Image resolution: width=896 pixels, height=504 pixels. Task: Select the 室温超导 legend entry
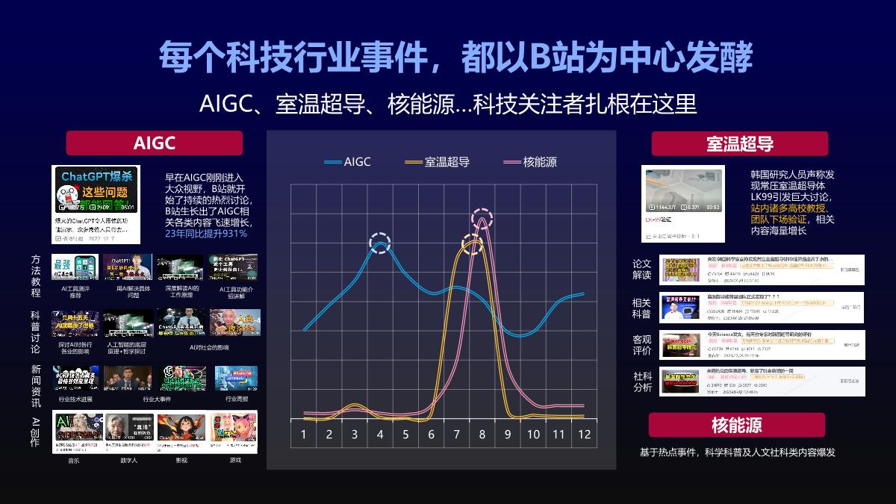436,161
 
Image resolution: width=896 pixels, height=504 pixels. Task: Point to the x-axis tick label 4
380,435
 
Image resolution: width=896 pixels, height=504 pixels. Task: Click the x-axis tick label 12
584,435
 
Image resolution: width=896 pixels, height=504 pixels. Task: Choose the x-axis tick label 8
482,435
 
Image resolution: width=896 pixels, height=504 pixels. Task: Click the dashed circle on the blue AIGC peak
381,243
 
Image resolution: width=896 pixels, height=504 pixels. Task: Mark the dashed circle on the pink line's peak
482,217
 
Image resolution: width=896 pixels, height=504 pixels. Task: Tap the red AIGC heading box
155,143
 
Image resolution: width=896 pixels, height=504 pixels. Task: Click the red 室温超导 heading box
739,143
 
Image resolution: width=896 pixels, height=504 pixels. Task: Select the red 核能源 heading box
736,425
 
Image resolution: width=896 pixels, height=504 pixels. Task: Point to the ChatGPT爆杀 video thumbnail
96,189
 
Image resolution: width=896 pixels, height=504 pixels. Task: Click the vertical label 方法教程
36,276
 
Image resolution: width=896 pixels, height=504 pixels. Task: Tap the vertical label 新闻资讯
36,386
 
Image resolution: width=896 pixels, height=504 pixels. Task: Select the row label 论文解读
641,270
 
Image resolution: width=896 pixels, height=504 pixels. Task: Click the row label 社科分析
641,382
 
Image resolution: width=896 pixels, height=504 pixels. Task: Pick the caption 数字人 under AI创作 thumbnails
128,460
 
